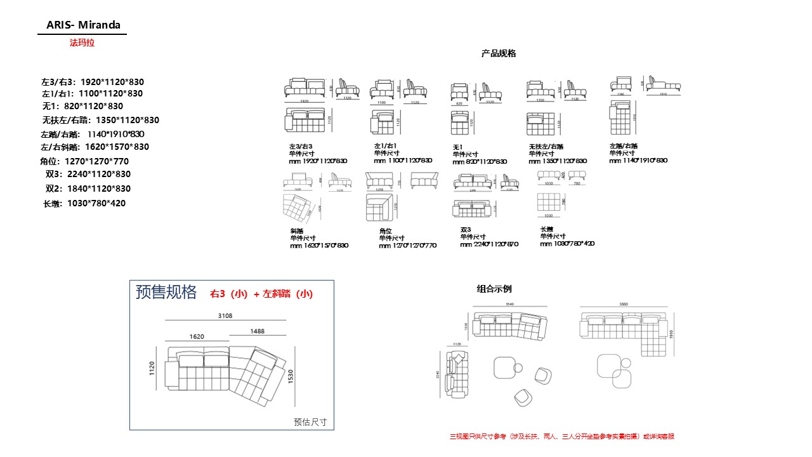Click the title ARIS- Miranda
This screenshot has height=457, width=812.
(82, 25)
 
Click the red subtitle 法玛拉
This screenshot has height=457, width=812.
(82, 43)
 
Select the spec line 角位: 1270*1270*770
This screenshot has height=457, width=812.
(84, 161)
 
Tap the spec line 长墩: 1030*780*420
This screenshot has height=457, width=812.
(84, 204)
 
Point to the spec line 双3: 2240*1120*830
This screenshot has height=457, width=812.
(88, 174)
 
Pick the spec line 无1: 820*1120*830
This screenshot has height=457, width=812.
(82, 106)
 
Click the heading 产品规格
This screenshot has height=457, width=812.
(499, 54)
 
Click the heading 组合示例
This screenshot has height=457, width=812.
(494, 289)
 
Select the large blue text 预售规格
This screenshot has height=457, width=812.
(166, 292)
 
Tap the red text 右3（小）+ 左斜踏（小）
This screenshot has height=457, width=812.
(261, 294)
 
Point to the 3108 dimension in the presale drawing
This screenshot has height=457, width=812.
(225, 315)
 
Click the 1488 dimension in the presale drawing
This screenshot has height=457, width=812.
(258, 331)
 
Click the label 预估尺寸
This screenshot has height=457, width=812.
(310, 421)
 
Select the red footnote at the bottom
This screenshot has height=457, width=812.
(561, 437)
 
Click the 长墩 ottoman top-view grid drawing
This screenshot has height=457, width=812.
(549, 202)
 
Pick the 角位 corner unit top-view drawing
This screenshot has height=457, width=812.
(380, 207)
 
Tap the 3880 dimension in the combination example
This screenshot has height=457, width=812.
(624, 305)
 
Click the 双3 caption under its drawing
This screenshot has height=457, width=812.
(466, 230)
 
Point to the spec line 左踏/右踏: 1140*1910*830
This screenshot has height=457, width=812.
(93, 134)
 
